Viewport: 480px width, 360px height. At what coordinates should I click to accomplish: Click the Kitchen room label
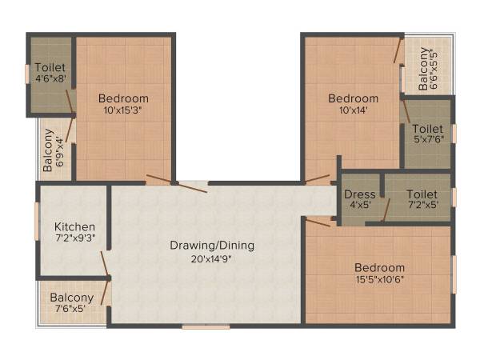coord(74,226)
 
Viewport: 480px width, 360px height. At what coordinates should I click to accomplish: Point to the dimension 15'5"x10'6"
coord(380,279)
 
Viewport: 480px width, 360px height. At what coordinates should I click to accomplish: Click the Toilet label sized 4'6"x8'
coord(50,67)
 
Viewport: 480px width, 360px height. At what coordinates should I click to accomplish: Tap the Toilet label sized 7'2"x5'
coord(422,194)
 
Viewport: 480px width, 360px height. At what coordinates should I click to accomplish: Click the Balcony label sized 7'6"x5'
coord(72,298)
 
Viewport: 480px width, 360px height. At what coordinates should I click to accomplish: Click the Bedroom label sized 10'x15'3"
coord(123,98)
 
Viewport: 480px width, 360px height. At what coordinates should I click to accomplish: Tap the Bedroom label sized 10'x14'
coord(353,98)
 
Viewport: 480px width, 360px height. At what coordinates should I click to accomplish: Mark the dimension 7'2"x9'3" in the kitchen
coord(74,238)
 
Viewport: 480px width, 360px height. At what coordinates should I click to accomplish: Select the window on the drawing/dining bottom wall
coord(206,326)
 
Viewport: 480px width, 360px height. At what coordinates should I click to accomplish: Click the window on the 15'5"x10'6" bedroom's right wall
coord(454,272)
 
